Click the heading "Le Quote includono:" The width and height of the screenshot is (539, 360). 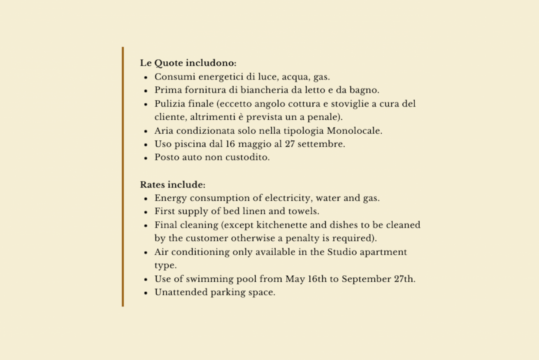click(188, 63)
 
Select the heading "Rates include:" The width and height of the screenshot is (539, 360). click(172, 184)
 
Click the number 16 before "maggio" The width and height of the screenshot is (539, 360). click(230, 144)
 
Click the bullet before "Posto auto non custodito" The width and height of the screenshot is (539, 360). click(146, 158)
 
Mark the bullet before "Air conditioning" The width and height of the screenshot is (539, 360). click(146, 253)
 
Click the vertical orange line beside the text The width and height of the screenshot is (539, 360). click(123, 177)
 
